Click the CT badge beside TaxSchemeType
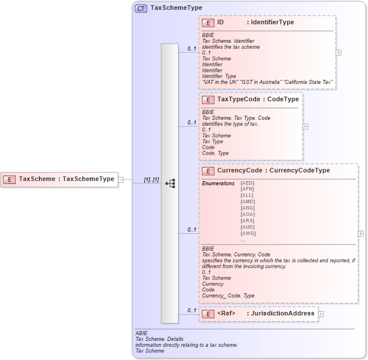pos(141,9)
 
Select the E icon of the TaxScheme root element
pos(9,179)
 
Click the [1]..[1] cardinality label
pos(151,179)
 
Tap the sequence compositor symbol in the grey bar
pos(170,183)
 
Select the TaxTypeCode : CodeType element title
pos(257,100)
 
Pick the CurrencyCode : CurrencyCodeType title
pos(273,171)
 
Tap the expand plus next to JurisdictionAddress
pos(321,314)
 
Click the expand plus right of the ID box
pos(338,52)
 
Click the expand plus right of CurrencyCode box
pos(361,234)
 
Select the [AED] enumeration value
pos(247,183)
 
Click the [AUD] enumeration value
pos(247,227)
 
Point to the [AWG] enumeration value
pos(247,233)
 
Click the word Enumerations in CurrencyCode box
pos(218,183)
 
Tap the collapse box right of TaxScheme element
pos(121,179)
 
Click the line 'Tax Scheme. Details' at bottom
pos(157,339)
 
